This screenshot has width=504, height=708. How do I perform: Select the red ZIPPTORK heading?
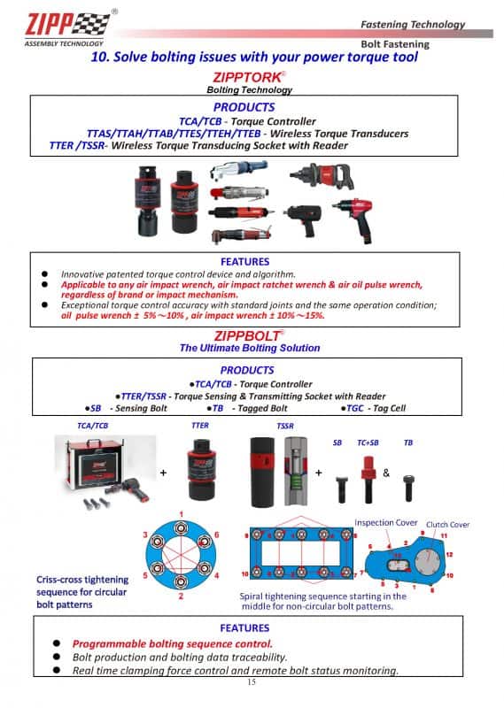tap(249, 78)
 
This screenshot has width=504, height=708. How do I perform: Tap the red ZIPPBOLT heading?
tap(249, 335)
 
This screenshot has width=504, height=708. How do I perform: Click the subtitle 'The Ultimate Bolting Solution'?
tap(249, 348)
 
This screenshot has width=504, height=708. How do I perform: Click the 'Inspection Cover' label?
tap(385, 522)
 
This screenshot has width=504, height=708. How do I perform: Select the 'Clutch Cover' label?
tap(447, 525)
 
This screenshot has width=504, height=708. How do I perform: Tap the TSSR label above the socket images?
tap(284, 426)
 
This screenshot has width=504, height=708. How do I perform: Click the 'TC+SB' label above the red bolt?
tap(368, 442)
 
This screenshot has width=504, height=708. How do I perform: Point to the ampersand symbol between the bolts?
tap(386, 473)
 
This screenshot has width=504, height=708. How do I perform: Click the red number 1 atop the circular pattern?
tap(181, 514)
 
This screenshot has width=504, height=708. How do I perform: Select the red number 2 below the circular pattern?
tap(181, 597)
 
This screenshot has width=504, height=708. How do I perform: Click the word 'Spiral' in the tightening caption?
tap(255, 596)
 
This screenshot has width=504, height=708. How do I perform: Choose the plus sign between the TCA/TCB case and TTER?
tap(163, 473)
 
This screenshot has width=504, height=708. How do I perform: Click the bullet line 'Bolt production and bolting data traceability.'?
tap(180, 657)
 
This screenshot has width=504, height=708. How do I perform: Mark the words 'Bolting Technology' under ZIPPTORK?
tap(249, 89)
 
